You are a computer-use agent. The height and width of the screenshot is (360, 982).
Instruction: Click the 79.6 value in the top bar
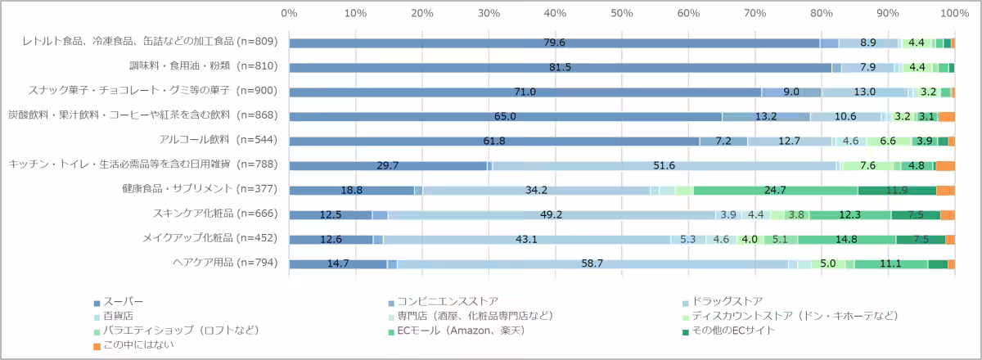coord(555,43)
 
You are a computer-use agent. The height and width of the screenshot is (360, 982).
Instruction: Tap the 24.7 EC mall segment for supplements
coord(775,190)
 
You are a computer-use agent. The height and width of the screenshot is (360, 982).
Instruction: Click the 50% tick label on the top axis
coord(622,13)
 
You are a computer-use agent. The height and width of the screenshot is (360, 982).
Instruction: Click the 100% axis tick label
coord(954,13)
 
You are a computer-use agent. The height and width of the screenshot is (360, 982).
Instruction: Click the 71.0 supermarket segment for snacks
coord(525,92)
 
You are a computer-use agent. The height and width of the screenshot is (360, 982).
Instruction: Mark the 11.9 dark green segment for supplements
coord(897,190)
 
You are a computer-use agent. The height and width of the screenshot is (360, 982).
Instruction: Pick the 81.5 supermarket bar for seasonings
coord(560,67)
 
